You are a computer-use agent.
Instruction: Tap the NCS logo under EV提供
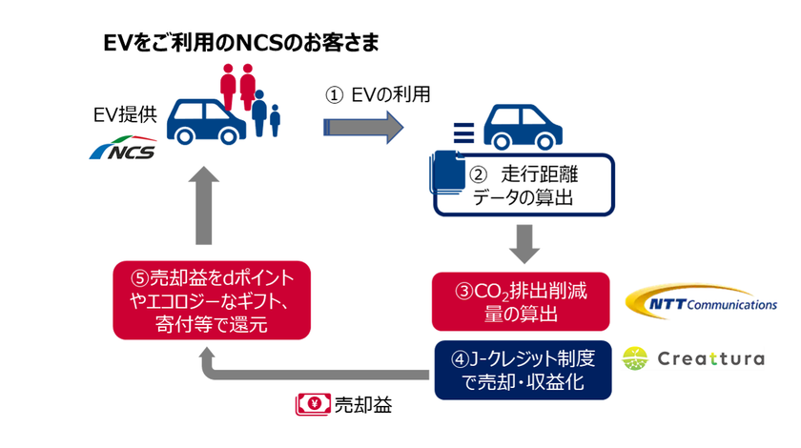click(121, 151)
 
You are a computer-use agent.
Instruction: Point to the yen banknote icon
click(312, 407)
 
